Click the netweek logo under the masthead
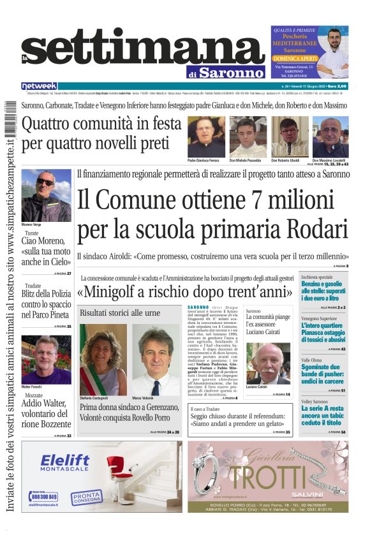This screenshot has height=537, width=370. point(39,86)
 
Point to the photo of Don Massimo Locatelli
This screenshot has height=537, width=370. point(330,136)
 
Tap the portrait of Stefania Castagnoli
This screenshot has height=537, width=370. point(103,360)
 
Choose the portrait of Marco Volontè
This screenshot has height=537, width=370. point(156,360)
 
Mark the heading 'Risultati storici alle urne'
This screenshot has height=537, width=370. point(120,313)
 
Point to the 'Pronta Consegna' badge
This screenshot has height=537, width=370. point(85,496)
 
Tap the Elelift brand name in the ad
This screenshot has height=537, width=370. point(64,461)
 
